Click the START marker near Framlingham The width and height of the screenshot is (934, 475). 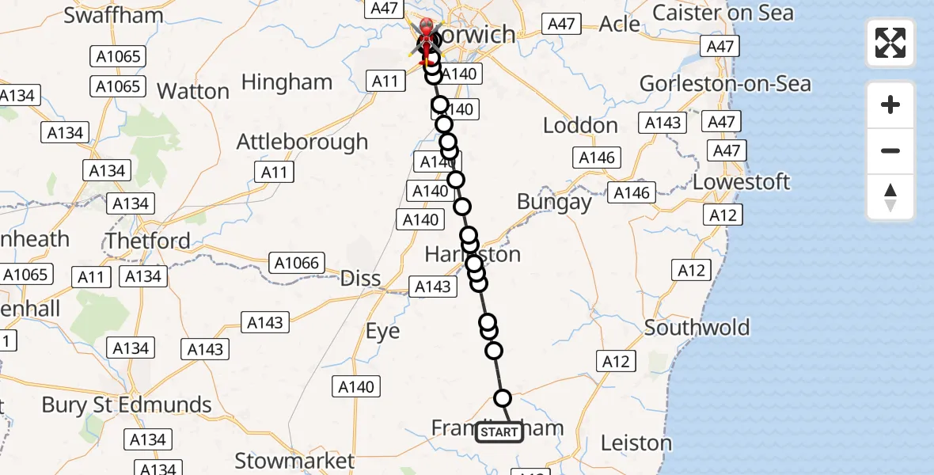[x=499, y=432]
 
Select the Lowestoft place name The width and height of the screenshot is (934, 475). [x=741, y=182]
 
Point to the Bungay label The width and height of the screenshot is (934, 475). [x=554, y=202]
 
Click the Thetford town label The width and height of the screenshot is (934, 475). [x=148, y=241]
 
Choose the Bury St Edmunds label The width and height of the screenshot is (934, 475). [x=127, y=405]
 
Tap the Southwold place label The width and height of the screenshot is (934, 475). [x=697, y=328]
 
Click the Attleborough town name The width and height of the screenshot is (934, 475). [x=302, y=142]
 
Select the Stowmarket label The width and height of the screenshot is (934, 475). [x=294, y=461]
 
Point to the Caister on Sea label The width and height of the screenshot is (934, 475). [x=722, y=13]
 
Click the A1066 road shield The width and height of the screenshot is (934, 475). [x=296, y=263]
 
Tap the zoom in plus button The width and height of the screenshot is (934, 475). [x=890, y=104]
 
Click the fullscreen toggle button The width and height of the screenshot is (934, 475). [x=890, y=43]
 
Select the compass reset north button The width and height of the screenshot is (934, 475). [x=890, y=197]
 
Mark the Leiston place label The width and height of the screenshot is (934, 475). [x=636, y=443]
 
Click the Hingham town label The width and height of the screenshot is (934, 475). [x=287, y=82]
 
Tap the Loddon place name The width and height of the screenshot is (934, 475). [x=580, y=125]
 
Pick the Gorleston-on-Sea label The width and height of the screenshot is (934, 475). [x=725, y=83]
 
